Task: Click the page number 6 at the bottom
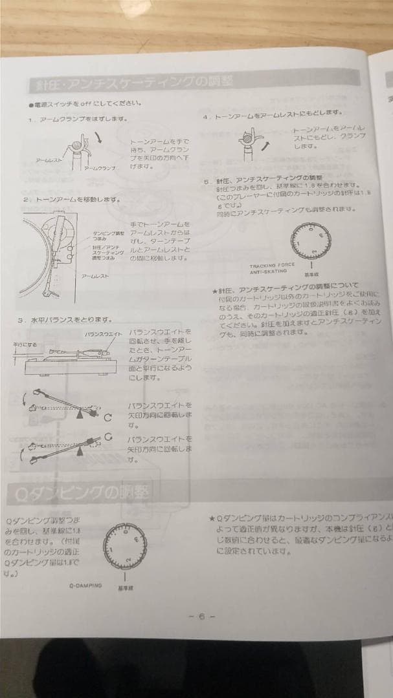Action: (201, 617)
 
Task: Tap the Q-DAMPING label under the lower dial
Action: (85, 586)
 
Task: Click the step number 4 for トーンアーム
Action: (205, 117)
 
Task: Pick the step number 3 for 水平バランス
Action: (22, 319)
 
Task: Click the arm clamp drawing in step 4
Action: (248, 142)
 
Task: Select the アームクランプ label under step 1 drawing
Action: (100, 168)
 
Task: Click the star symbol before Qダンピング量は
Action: (212, 518)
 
